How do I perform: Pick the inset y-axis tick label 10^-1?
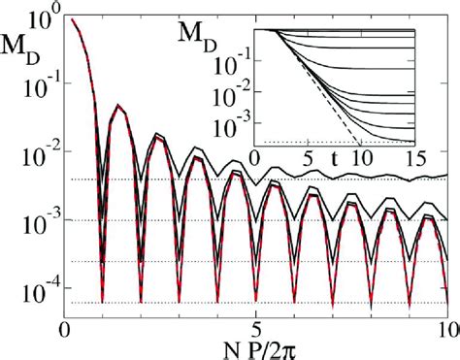pyautogui.click(x=229, y=69)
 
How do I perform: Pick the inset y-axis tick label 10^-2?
pyautogui.click(x=229, y=100)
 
